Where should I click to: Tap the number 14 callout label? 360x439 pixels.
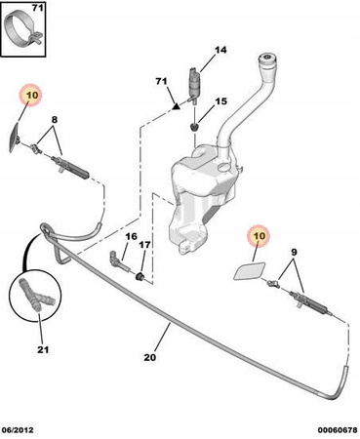[220, 50]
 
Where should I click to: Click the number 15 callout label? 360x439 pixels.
[220, 101]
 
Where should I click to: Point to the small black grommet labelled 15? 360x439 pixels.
[194, 127]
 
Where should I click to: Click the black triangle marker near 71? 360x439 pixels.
[177, 105]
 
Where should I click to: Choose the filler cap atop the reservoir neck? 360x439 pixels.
[267, 60]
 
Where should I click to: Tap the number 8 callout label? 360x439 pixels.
[55, 120]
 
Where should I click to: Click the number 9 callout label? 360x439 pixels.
[294, 252]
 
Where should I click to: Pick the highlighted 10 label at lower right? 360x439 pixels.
[260, 235]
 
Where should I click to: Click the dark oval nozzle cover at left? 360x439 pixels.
[14, 138]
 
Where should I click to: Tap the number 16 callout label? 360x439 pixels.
[132, 236]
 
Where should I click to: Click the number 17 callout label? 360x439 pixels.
[144, 245]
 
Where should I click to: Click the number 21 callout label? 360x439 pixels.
[43, 349]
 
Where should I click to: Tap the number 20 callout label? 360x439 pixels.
[150, 357]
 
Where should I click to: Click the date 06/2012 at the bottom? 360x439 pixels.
[17, 430]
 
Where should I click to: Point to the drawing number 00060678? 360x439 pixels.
[338, 430]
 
